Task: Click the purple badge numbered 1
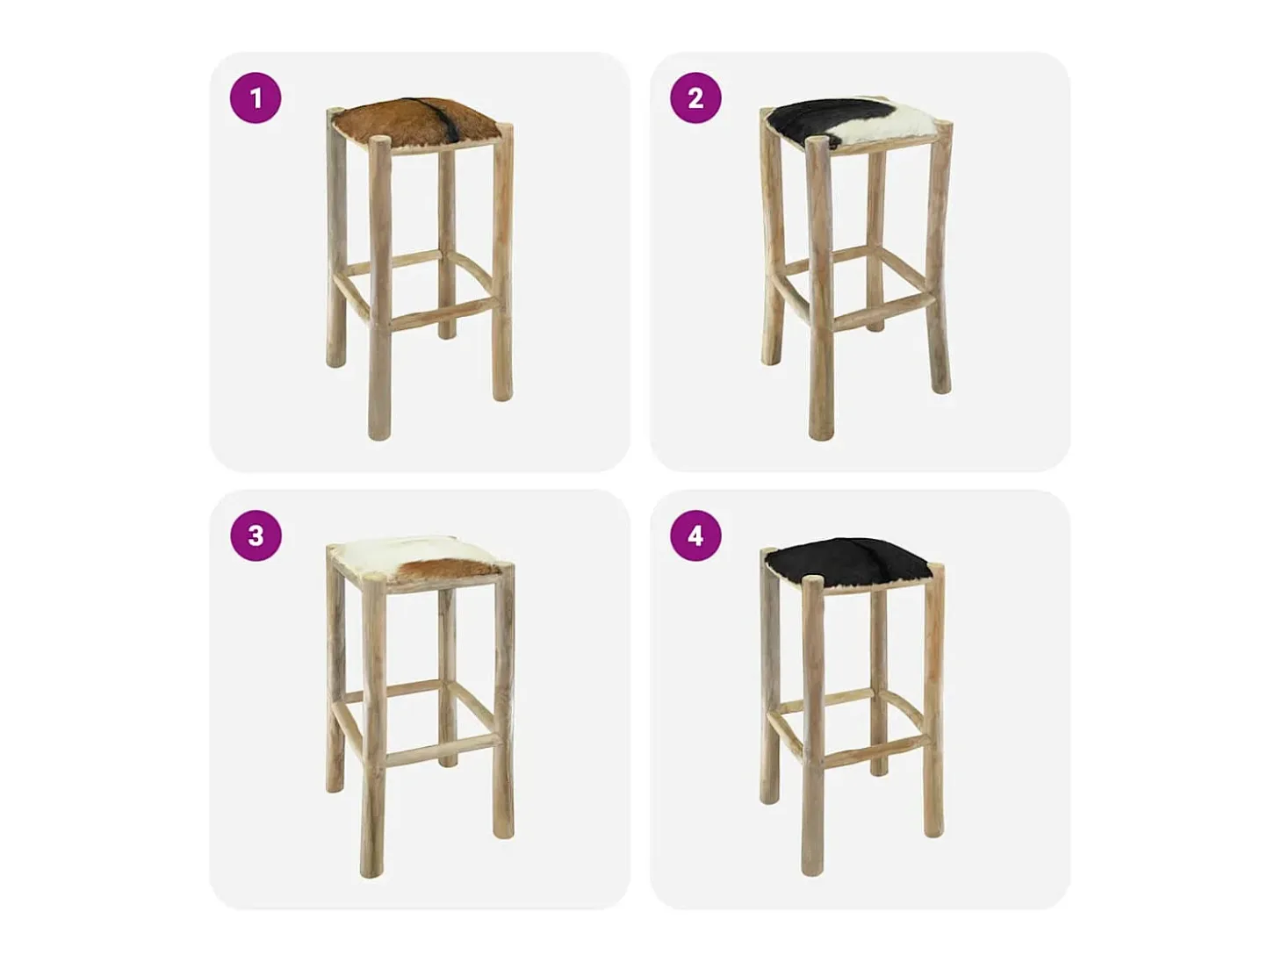click(256, 97)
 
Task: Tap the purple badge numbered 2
click(695, 97)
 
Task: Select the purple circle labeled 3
click(256, 535)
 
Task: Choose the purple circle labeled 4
click(695, 535)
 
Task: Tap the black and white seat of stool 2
click(853, 126)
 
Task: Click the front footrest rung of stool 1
click(441, 318)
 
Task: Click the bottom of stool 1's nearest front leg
click(378, 432)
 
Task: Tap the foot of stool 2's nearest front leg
click(820, 432)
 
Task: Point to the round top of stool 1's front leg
click(378, 141)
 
